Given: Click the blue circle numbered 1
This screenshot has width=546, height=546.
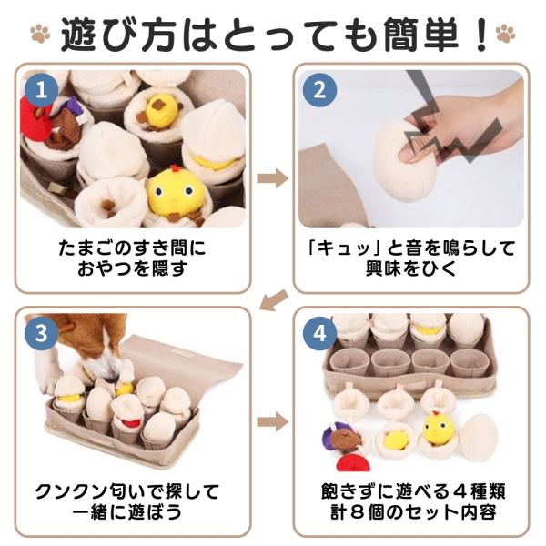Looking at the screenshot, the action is coord(42,90).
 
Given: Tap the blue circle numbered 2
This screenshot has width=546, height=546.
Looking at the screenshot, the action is coord(319,90).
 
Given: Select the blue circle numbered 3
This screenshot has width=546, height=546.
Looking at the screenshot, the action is coord(42,333).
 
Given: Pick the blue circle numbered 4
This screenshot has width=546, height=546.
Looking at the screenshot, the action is coord(319,333).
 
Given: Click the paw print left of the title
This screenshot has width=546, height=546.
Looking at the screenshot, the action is coord(40,34).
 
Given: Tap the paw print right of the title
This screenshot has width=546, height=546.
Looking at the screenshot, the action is coord(505,34).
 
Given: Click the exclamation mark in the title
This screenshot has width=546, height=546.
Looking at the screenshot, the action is coord(481,35).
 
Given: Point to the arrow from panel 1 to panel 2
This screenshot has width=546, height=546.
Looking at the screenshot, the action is coord(273,178).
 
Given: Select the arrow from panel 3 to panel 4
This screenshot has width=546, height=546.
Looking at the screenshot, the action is coord(273,421).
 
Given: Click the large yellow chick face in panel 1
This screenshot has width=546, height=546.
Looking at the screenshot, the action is coord(175,190).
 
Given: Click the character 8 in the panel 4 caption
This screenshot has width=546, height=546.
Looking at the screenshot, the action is coord(359,512).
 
